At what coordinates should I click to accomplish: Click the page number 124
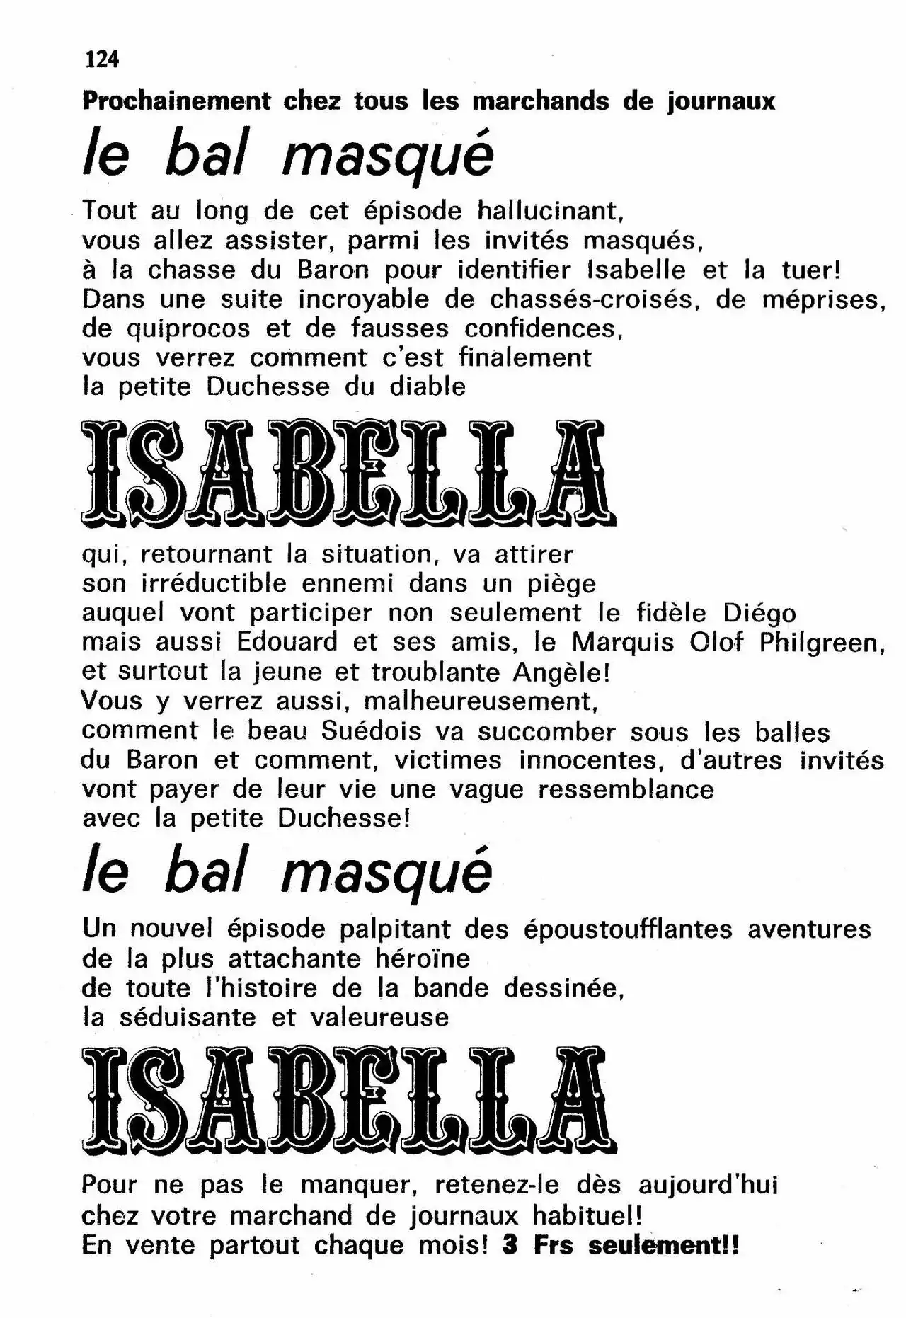coord(102,59)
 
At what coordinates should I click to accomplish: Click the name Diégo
coord(760,613)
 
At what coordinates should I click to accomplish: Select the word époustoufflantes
coord(628,929)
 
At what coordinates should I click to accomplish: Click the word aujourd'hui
coord(708,1185)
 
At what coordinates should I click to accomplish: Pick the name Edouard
coord(287,642)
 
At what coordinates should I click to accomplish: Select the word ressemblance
coord(626,789)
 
